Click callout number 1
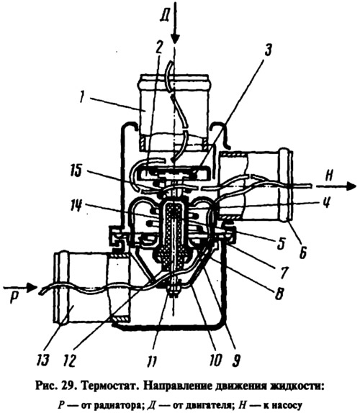click(x=83, y=98)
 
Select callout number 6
click(x=302, y=254)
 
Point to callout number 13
click(x=43, y=359)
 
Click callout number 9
click(x=236, y=360)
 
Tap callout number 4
click(x=327, y=202)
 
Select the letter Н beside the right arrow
click(x=329, y=176)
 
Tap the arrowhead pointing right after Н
click(x=351, y=186)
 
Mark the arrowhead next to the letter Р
click(x=32, y=287)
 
